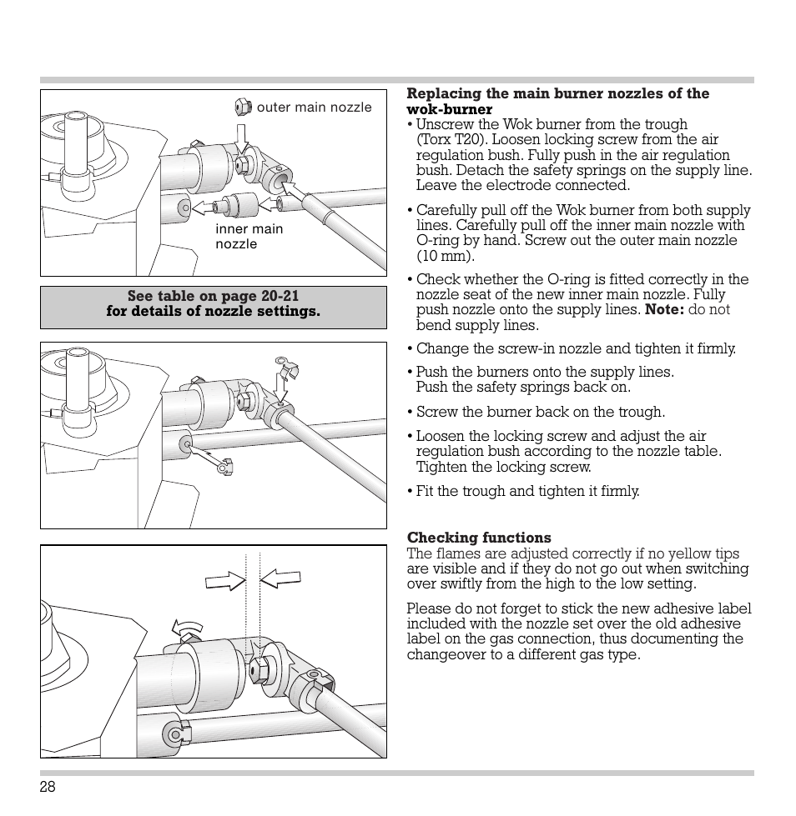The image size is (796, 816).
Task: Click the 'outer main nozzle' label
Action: tap(314, 108)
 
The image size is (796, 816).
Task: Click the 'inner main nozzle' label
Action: tap(249, 237)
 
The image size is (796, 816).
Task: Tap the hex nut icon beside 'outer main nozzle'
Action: tap(242, 107)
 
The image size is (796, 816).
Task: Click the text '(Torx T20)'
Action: tap(449, 140)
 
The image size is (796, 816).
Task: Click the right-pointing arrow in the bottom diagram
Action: tap(225, 580)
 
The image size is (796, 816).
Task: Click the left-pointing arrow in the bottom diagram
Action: tap(280, 577)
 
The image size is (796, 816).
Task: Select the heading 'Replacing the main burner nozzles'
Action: tap(557, 94)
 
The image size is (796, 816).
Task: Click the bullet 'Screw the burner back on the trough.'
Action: tap(540, 412)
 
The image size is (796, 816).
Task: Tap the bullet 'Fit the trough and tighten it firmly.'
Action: tap(527, 491)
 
